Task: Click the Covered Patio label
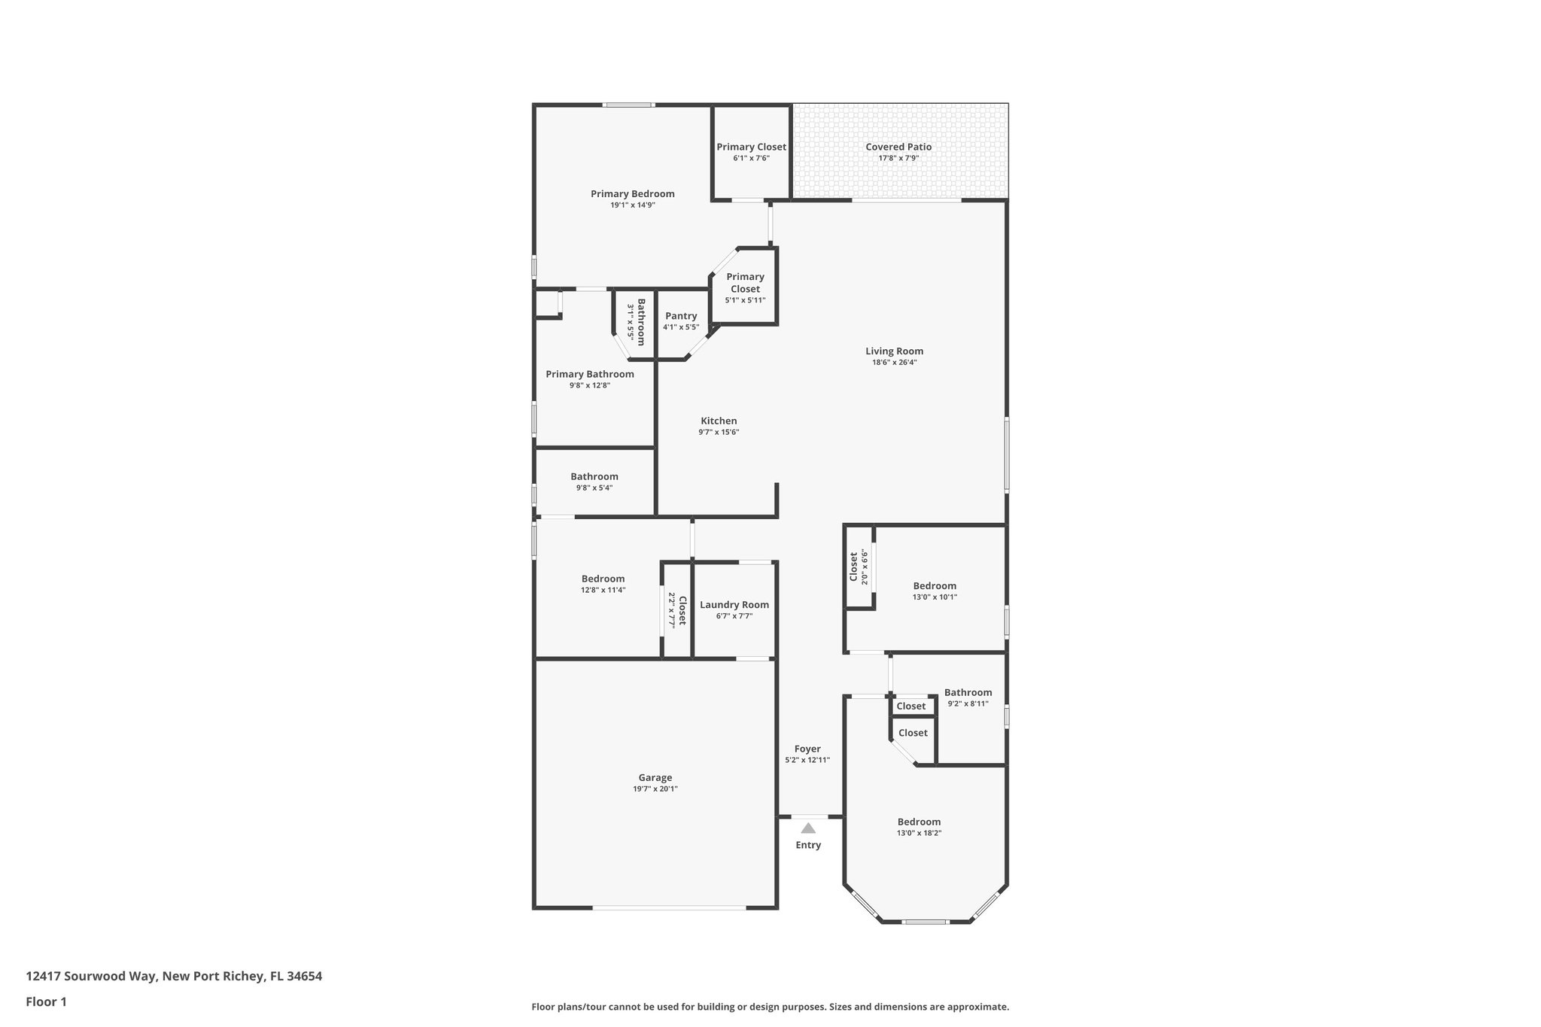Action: pyautogui.click(x=898, y=147)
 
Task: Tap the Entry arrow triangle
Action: pyautogui.click(x=808, y=828)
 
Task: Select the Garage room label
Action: pyautogui.click(x=655, y=778)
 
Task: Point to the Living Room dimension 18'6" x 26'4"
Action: pyautogui.click(x=894, y=362)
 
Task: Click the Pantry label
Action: pyautogui.click(x=681, y=316)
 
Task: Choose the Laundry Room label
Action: pyautogui.click(x=734, y=604)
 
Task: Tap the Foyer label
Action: pyautogui.click(x=807, y=749)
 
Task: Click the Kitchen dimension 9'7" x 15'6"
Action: pyautogui.click(x=719, y=432)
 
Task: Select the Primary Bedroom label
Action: pyautogui.click(x=632, y=193)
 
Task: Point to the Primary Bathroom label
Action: pyautogui.click(x=589, y=374)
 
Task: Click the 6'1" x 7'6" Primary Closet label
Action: pyautogui.click(x=751, y=147)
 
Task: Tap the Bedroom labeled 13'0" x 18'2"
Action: pyautogui.click(x=919, y=822)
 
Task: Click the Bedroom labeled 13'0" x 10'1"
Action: pyautogui.click(x=935, y=585)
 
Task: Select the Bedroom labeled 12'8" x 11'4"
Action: pyautogui.click(x=603, y=579)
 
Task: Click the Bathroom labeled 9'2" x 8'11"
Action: pyautogui.click(x=968, y=692)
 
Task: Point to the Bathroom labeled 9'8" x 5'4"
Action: pyautogui.click(x=594, y=476)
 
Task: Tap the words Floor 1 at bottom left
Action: pyautogui.click(x=46, y=1001)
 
